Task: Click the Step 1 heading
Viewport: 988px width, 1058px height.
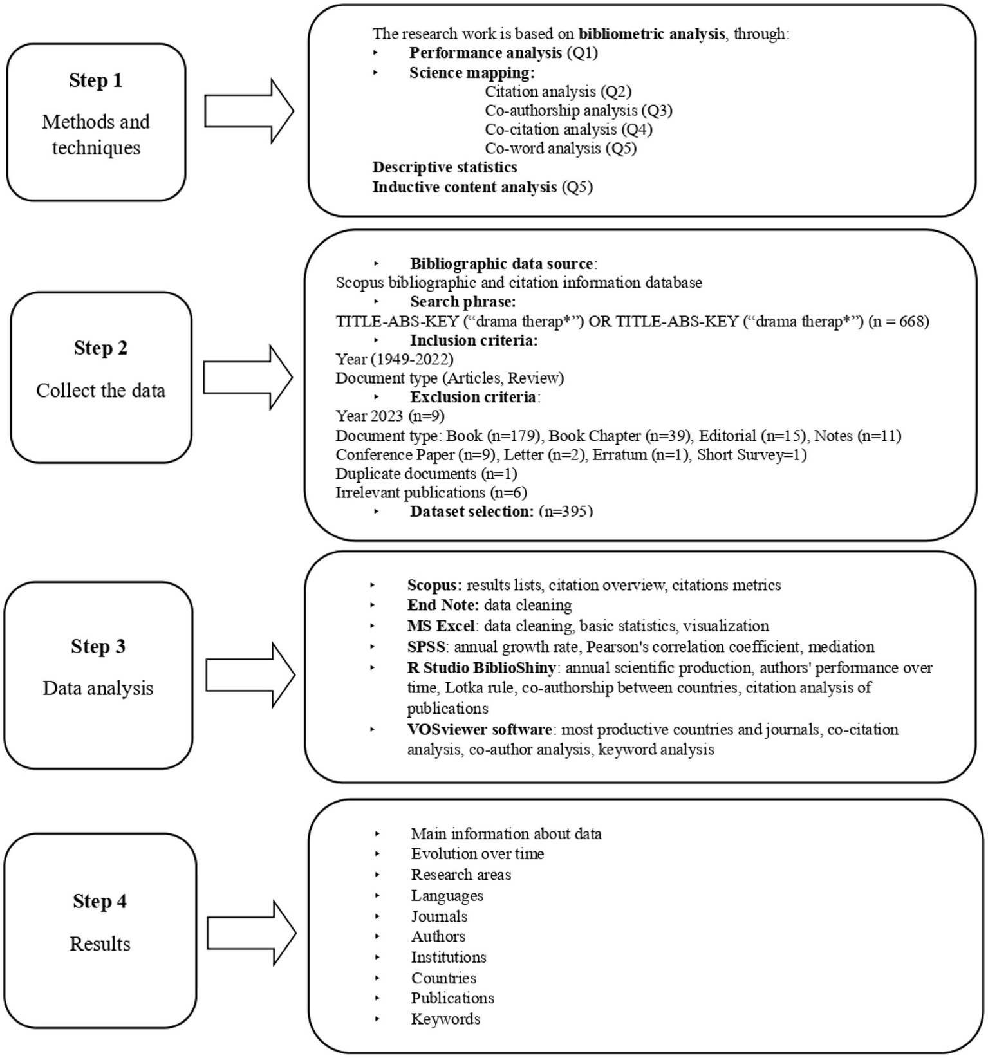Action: (95, 80)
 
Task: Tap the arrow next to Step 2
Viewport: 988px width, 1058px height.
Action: (248, 377)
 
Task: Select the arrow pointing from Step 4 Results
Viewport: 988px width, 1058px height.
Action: (251, 933)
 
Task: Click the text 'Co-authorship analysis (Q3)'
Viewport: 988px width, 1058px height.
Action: (578, 111)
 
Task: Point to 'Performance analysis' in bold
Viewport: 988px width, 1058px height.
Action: (485, 53)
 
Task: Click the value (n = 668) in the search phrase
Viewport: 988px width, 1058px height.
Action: (899, 321)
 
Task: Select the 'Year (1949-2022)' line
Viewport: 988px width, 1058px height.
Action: (394, 359)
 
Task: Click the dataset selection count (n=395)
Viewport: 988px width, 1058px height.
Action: (566, 512)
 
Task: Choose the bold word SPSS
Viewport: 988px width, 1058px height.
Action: (426, 646)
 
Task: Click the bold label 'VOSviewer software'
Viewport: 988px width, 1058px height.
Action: (480, 729)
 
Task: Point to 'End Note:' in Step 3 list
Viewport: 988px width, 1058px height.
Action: (443, 605)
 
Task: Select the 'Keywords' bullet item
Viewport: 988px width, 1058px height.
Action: (445, 1019)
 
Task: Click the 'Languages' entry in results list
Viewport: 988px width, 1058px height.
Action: (447, 895)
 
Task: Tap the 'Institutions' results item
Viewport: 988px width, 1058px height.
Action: (449, 957)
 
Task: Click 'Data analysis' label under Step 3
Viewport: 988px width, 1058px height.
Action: (98, 688)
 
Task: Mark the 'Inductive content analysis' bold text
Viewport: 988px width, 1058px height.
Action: (464, 187)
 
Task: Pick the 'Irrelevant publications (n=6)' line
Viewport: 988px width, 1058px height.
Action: (431, 493)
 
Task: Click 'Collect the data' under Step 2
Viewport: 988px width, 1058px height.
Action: (100, 391)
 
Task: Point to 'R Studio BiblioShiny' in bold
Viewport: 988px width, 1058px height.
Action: (481, 667)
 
